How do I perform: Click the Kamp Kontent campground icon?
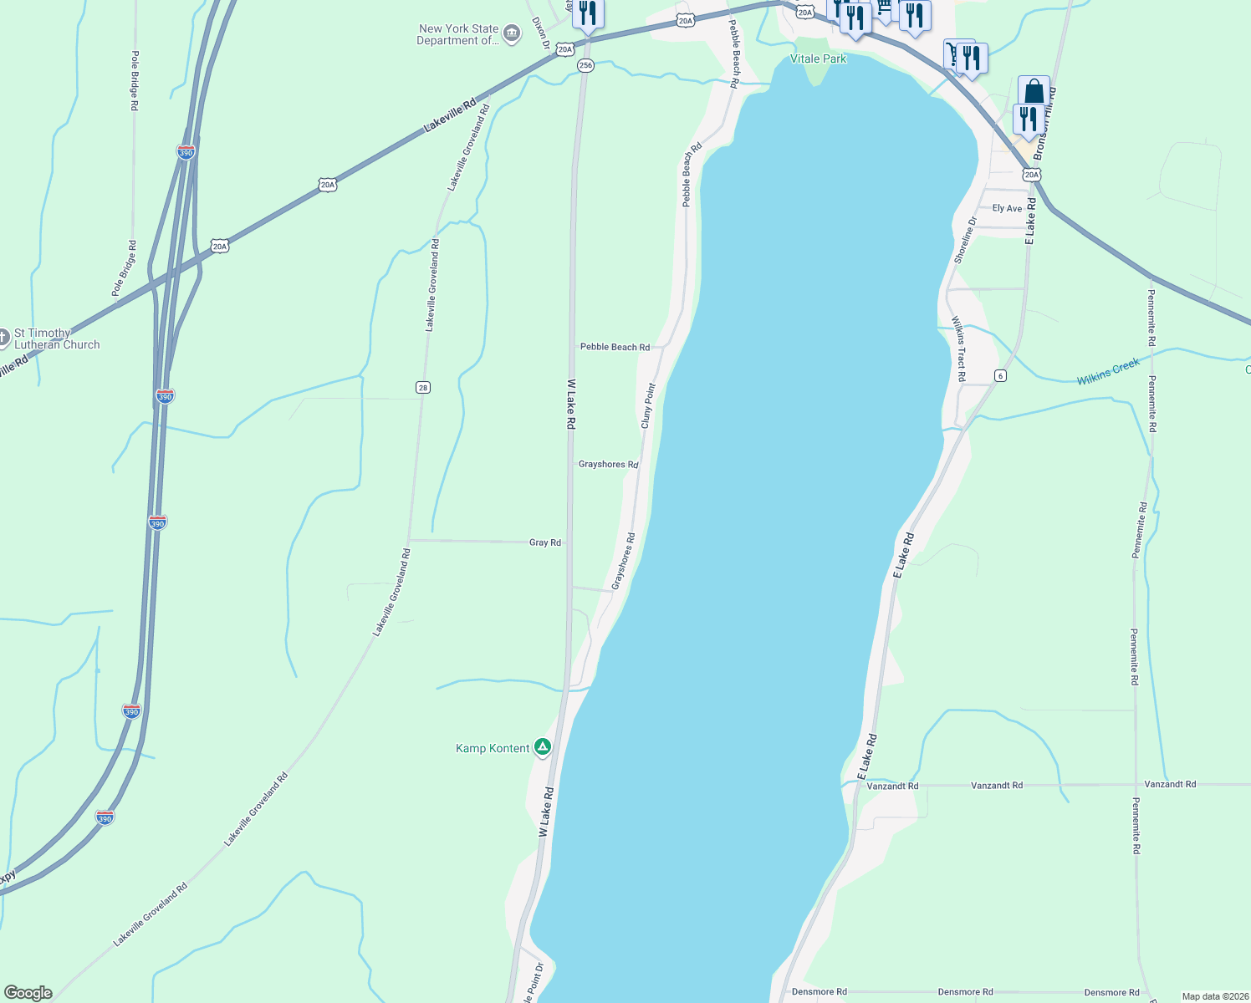pyautogui.click(x=543, y=746)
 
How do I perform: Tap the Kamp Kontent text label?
pyautogui.click(x=493, y=748)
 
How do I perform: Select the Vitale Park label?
pyautogui.click(x=818, y=59)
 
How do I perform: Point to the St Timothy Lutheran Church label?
pyautogui.click(x=56, y=339)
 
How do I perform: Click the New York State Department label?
pyautogui.click(x=457, y=34)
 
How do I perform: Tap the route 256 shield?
pyautogui.click(x=585, y=65)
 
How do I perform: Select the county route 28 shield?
pyautogui.click(x=423, y=387)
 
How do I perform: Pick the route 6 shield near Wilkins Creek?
pyautogui.click(x=1000, y=376)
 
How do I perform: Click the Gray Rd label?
pyautogui.click(x=545, y=542)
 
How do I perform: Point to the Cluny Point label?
pyautogui.click(x=648, y=406)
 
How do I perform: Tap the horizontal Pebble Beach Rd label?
pyautogui.click(x=615, y=347)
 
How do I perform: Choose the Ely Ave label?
pyautogui.click(x=1007, y=208)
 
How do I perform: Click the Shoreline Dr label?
pyautogui.click(x=965, y=241)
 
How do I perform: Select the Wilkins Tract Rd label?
pyautogui.click(x=958, y=349)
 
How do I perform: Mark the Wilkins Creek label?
pyautogui.click(x=1108, y=372)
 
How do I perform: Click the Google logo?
pyautogui.click(x=27, y=993)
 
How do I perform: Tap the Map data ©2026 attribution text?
pyautogui.click(x=1214, y=996)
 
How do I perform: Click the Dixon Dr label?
pyautogui.click(x=540, y=33)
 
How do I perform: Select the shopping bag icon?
pyautogui.click(x=1034, y=91)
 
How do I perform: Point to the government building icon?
pyautogui.click(x=512, y=33)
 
